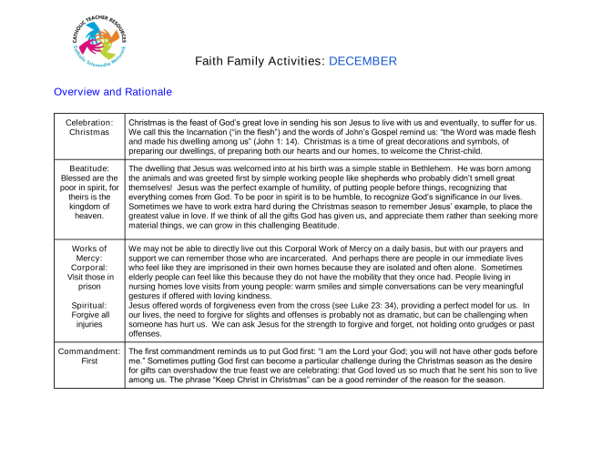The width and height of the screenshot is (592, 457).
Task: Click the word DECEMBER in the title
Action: click(x=362, y=62)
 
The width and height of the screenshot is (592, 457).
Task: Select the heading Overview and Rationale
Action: click(x=113, y=92)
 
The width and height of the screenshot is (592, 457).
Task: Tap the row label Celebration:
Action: click(x=89, y=122)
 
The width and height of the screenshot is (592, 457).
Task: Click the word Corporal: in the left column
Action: click(x=89, y=269)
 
